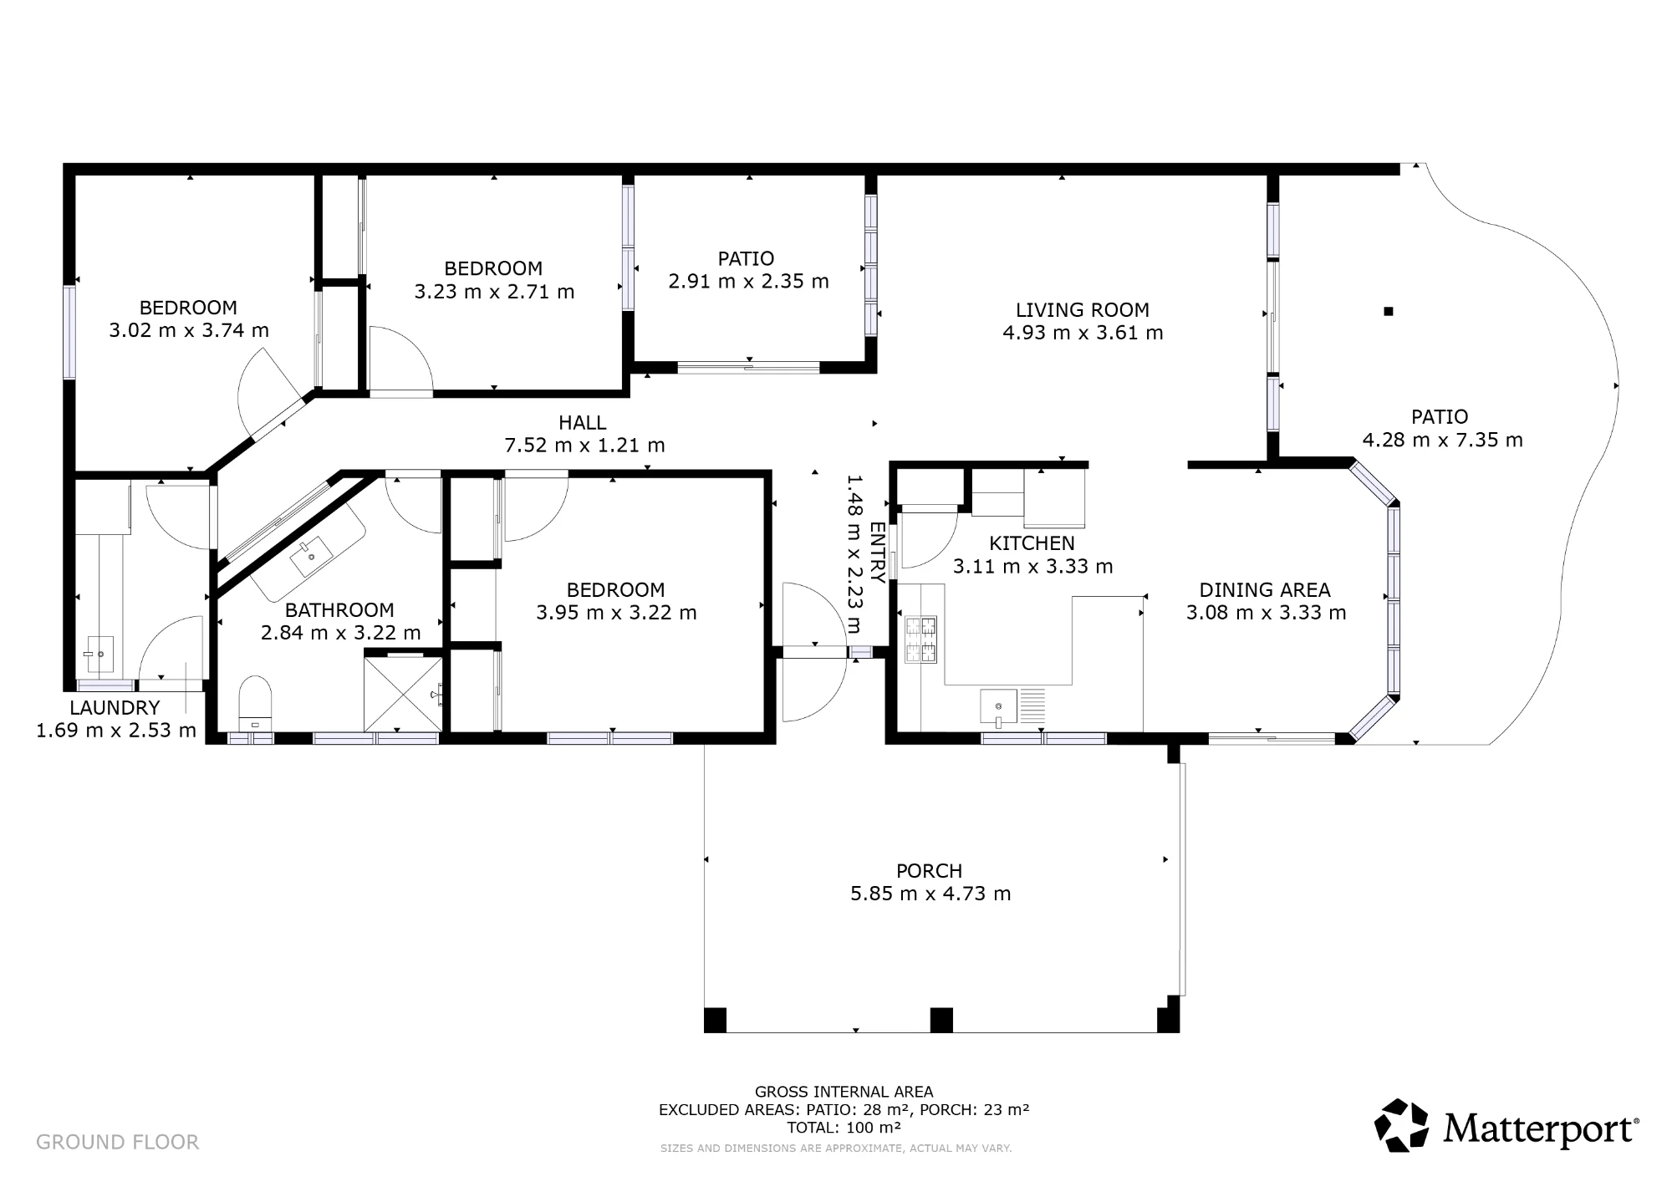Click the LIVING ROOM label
click(1083, 310)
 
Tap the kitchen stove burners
click(920, 639)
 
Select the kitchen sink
click(999, 707)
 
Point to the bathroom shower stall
click(403, 694)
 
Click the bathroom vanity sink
click(309, 555)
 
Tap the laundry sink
click(99, 655)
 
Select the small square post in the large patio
click(1389, 312)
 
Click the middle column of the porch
click(941, 1020)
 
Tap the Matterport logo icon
click(1402, 1125)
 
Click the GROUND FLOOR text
click(118, 1142)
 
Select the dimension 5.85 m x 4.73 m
click(930, 894)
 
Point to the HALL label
click(583, 423)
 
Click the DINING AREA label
click(1265, 590)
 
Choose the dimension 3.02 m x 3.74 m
click(189, 330)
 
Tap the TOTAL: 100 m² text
click(844, 1127)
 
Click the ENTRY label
click(877, 553)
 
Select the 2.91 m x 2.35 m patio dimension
click(748, 281)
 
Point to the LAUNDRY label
click(115, 708)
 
